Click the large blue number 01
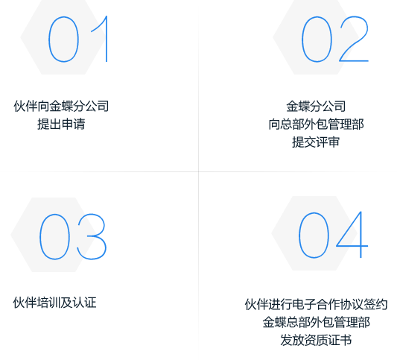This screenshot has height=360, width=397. click(63, 40)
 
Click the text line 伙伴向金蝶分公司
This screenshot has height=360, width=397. click(61, 106)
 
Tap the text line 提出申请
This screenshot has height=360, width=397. click(61, 124)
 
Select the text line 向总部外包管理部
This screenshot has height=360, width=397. click(316, 124)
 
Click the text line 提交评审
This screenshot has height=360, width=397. click(316, 142)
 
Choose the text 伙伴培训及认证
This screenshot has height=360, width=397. click(55, 303)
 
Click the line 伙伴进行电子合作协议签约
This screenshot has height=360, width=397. click(316, 304)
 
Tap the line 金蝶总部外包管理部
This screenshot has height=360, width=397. click(316, 322)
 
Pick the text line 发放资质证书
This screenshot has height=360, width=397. click(316, 340)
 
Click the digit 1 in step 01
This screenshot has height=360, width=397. click(107, 39)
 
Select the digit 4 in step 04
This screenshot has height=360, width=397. click(361, 235)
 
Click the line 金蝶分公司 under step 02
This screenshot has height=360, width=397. click(316, 106)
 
